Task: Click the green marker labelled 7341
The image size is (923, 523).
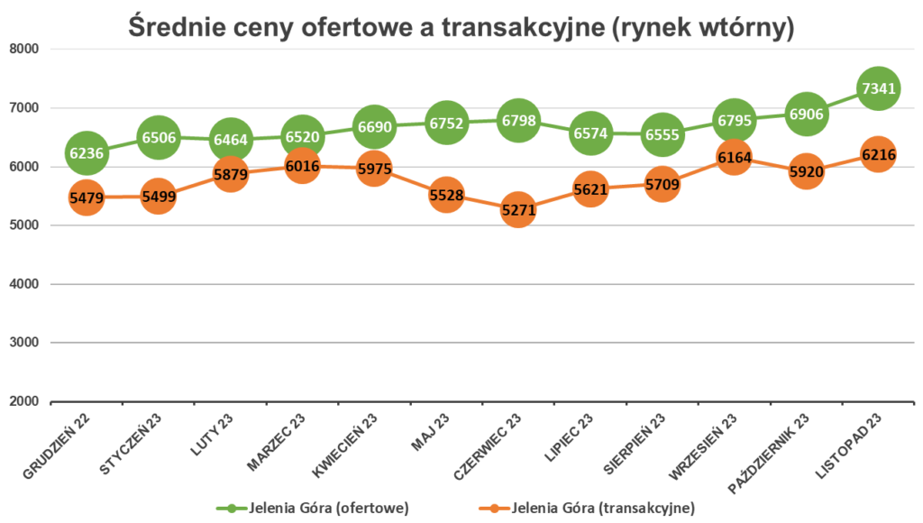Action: [x=878, y=88]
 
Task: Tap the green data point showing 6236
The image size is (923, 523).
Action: [x=87, y=153]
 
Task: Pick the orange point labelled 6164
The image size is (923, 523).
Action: [x=734, y=158]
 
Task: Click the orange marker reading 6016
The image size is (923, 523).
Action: [x=302, y=166]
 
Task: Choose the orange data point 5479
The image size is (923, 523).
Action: [x=87, y=197]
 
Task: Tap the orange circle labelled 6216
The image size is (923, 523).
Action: [x=878, y=155]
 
